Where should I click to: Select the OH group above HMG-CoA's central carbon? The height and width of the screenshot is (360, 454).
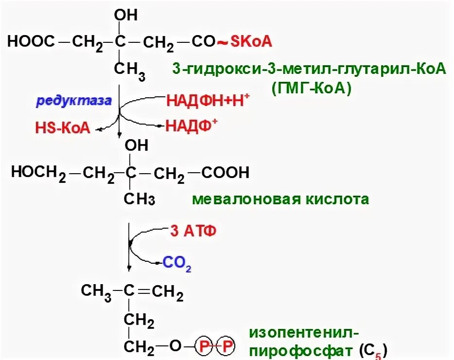(x=125, y=15)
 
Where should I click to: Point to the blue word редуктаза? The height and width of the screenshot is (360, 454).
(x=74, y=101)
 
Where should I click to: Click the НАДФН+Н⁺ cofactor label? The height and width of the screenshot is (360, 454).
(x=208, y=101)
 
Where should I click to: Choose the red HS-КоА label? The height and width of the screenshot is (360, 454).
(x=63, y=128)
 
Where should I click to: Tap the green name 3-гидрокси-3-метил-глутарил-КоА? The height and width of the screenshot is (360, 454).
(x=309, y=69)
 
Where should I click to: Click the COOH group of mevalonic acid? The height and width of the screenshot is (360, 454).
(x=225, y=172)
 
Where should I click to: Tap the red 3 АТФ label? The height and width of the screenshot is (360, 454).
(x=192, y=231)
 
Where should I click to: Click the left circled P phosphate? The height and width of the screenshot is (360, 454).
(x=205, y=346)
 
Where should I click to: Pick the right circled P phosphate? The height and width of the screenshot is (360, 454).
(x=227, y=346)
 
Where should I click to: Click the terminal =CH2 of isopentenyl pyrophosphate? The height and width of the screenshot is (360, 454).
(x=167, y=292)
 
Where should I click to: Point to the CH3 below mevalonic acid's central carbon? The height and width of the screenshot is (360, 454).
(x=139, y=198)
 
